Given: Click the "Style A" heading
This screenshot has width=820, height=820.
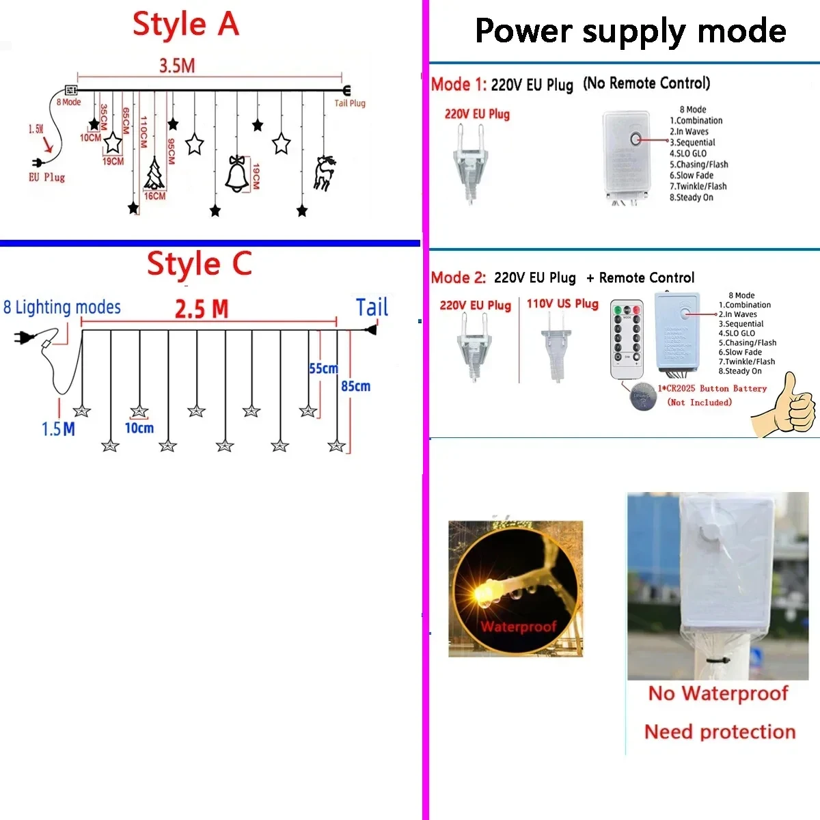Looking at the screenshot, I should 185,25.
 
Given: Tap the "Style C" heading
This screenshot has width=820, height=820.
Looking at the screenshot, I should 199,264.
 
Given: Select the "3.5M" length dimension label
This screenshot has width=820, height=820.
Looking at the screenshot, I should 177,66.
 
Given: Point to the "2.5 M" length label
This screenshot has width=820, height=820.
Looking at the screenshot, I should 202,309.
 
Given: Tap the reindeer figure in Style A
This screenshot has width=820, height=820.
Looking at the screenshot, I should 324,173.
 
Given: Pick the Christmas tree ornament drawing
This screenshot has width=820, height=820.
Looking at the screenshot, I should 154,174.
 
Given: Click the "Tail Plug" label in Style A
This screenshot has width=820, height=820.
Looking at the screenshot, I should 350,103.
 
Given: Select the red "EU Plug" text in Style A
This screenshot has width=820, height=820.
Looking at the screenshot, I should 46,177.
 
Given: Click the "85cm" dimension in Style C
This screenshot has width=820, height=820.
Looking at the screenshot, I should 356,386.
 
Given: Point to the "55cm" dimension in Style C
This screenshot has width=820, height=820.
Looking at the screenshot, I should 323,368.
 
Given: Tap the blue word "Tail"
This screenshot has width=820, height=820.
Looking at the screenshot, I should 372,307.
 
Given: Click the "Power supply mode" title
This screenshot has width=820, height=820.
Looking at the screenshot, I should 630,31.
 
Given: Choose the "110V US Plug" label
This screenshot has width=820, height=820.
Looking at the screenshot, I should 562,303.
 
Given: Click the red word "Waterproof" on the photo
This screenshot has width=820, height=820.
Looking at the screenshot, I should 518,627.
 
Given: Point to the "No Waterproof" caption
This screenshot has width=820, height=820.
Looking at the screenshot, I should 718,694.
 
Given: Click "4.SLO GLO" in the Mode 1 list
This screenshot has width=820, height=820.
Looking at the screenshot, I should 688,153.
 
